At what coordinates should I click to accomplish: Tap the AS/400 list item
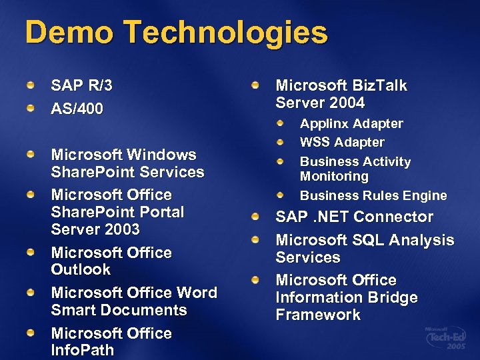pos(77,109)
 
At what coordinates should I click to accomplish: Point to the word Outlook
pos(81,270)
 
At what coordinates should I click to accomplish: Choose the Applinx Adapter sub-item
pos(351,123)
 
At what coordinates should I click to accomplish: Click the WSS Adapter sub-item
pos(342,142)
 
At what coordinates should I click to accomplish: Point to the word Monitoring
pos(334,177)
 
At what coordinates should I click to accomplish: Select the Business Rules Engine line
pos(373,195)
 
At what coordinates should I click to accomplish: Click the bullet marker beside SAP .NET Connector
pos(256,217)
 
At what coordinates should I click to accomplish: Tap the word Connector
pos(393,217)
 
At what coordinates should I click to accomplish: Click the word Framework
pos(318,315)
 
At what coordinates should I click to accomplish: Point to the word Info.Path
pos(83,350)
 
